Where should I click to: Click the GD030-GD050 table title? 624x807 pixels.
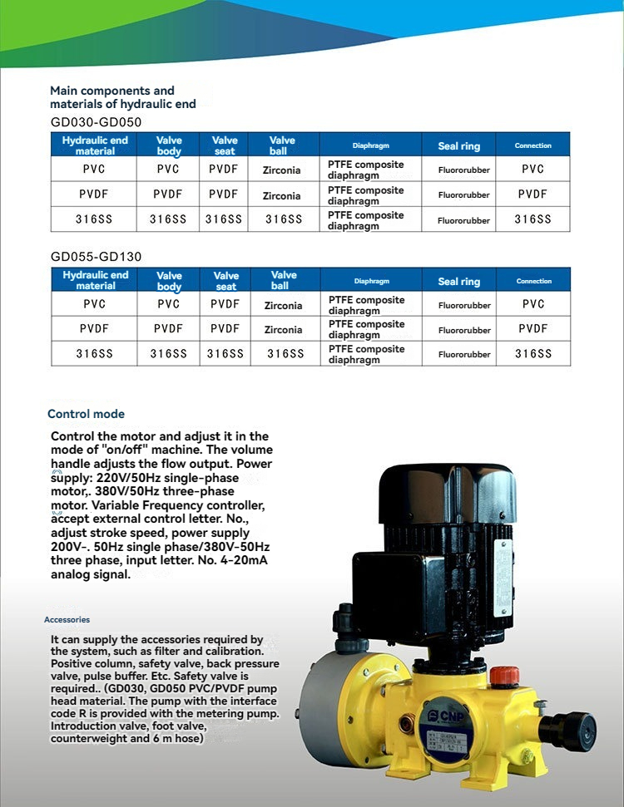pos(96,121)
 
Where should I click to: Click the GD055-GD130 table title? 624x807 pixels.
pos(96,257)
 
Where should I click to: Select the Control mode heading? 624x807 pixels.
pos(86,414)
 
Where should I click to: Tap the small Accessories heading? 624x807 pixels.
pos(67,620)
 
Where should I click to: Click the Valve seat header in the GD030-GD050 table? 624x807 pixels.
pos(225,145)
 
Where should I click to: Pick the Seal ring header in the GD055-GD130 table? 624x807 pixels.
pos(459,281)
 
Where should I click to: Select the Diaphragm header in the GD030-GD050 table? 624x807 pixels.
pos(370,145)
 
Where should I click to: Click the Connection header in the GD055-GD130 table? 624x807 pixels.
pos(533,281)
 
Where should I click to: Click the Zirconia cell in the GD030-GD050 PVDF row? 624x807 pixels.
pos(282,196)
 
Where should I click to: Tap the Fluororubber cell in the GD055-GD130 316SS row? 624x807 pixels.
pos(464,355)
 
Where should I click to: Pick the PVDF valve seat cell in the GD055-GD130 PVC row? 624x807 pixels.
pos(225,305)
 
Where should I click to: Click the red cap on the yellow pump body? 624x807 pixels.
pos(504,675)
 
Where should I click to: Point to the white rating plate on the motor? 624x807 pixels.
pos(503,577)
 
